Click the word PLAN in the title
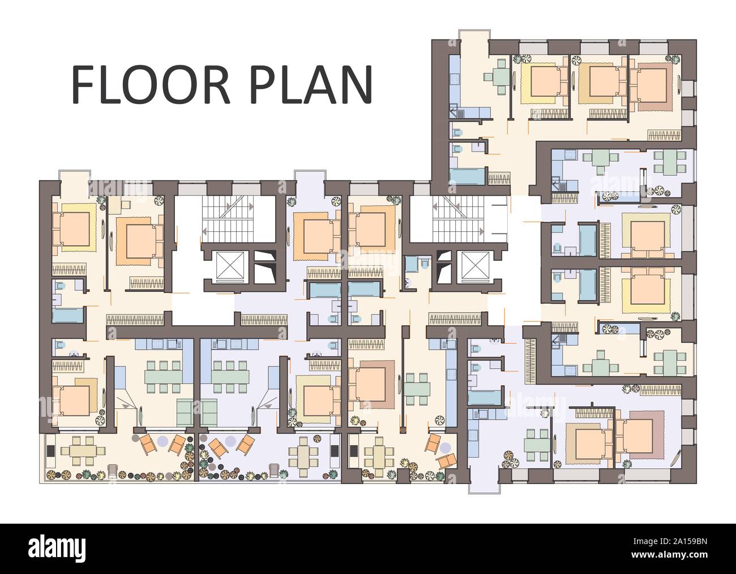pos(309,85)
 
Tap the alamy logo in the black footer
pos(62,548)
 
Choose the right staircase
pos(457,217)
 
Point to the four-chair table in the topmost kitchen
pos(500,76)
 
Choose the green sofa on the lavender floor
pos(209,412)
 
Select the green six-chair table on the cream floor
pos(164,374)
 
